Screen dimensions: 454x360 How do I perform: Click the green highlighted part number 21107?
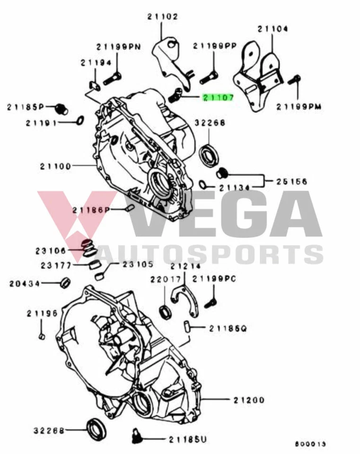218,98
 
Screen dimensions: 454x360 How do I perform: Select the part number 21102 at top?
162,17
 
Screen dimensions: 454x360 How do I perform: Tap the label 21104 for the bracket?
272,29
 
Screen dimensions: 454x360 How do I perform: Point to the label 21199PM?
299,107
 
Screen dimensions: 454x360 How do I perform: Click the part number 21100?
55,166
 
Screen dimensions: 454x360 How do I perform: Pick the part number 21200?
249,400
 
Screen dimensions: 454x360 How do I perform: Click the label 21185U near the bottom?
188,440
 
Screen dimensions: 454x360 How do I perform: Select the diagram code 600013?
310,444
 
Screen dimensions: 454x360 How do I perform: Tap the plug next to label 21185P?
61,108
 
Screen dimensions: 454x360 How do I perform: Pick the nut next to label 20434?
65,283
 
